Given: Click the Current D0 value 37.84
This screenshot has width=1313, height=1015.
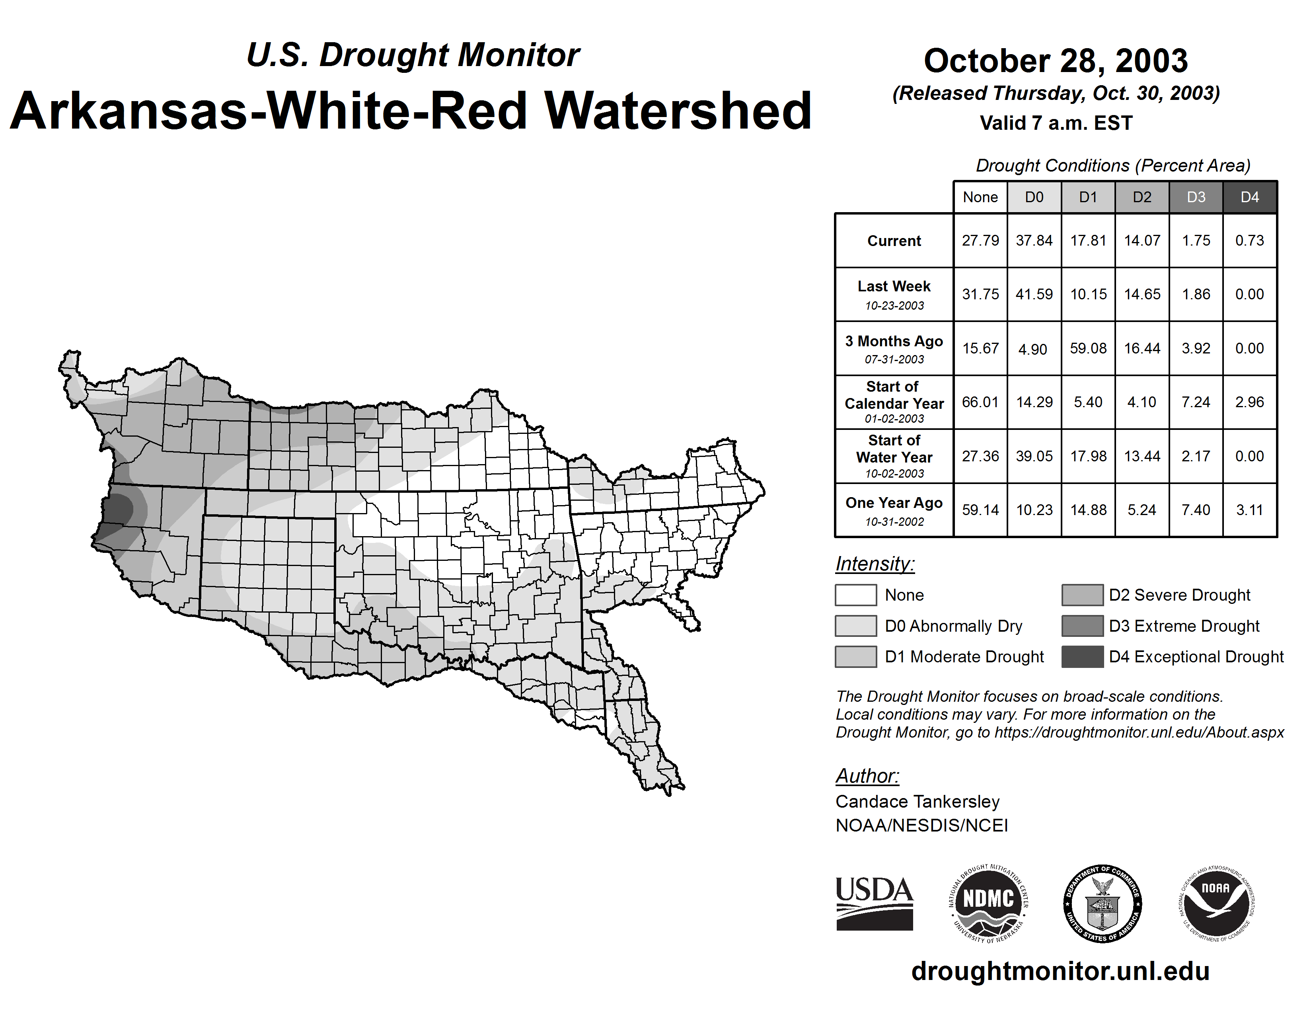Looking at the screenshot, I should (x=1034, y=240).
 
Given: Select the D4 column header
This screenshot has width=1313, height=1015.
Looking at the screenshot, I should (x=1249, y=197).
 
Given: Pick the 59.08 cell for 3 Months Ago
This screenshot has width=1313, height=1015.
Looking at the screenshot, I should (x=1088, y=348).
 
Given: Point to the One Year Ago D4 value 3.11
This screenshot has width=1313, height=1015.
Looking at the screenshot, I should (x=1249, y=510).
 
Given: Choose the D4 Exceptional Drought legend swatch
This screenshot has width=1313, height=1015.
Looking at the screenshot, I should (x=1082, y=657).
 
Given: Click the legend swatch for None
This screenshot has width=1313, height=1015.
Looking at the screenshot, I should (x=855, y=595).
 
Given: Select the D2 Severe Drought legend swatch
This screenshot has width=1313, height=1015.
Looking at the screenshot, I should (x=1082, y=595).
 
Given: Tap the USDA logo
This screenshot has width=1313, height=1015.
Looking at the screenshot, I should (x=874, y=903).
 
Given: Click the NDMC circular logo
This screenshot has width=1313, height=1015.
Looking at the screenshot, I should (x=988, y=903).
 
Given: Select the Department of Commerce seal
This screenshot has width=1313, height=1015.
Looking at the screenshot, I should (x=1102, y=903).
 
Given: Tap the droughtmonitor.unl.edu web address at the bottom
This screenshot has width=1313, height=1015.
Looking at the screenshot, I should (x=1060, y=972).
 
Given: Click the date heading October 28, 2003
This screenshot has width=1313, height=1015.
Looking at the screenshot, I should (x=1056, y=61).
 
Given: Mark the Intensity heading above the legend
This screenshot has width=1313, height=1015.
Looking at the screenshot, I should (x=875, y=564).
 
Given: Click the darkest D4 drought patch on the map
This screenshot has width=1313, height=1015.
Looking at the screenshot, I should (x=120, y=509).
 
